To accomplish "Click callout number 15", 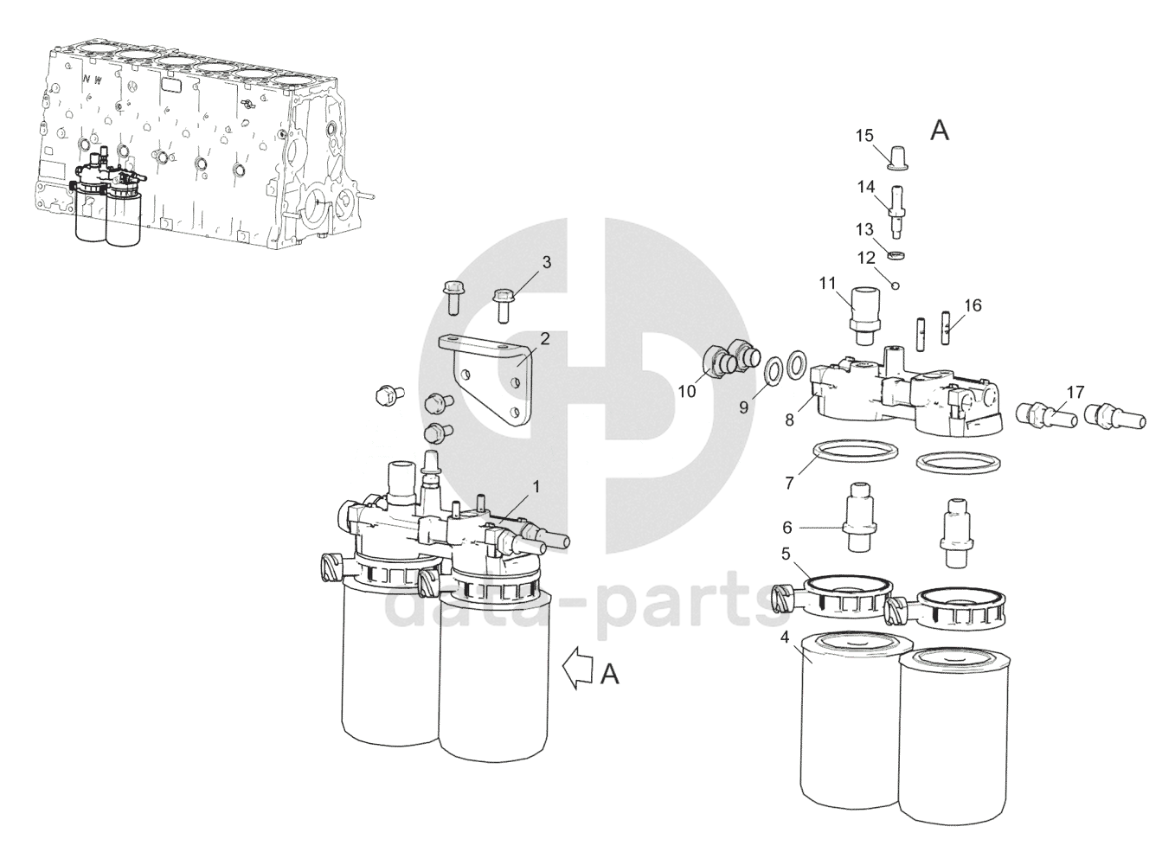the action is (x=864, y=136).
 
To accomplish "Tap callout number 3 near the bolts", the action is (x=547, y=262).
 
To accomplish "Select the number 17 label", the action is (x=1075, y=392).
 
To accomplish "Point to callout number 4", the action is (x=785, y=638).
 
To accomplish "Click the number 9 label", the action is (x=744, y=407).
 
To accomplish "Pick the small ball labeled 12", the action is (x=896, y=285).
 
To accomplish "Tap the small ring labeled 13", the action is (x=897, y=255).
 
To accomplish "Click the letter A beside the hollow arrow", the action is (x=609, y=675).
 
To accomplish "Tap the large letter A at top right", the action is (x=940, y=130).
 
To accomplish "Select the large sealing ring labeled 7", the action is (x=855, y=450).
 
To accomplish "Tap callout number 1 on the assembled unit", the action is (x=536, y=487).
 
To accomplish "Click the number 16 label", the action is (x=973, y=305).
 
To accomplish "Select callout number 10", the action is (x=687, y=391).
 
